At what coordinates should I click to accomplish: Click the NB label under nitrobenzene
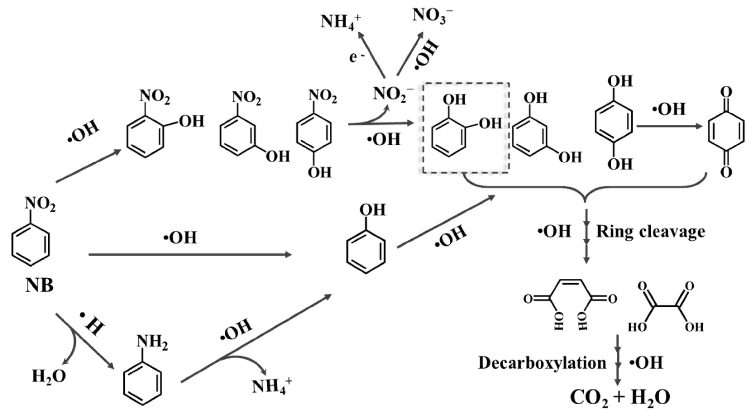tap(39, 285)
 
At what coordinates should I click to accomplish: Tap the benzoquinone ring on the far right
tap(726, 132)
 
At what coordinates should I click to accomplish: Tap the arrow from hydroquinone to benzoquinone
tap(669, 127)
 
